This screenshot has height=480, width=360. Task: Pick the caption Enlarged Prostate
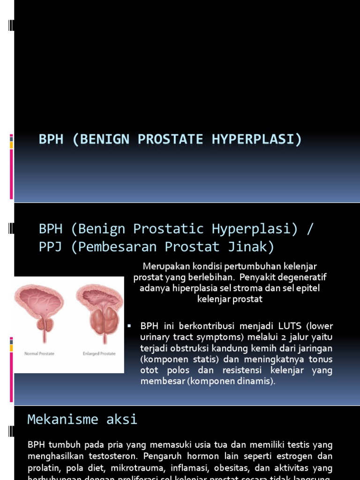point(98,353)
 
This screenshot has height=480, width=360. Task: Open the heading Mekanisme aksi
point(82,419)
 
